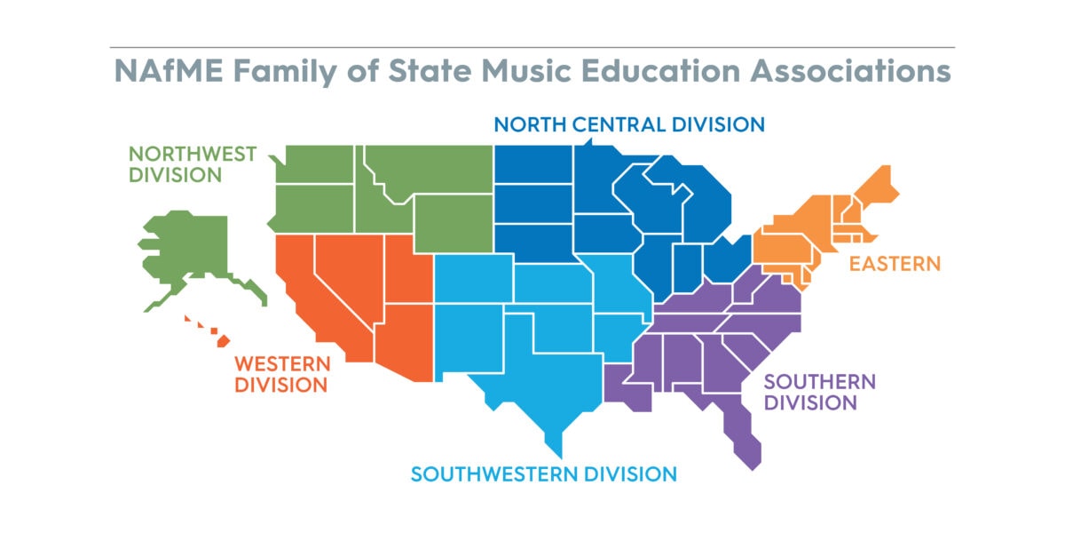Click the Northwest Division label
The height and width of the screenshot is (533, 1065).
193,163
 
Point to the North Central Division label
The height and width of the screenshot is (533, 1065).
629,123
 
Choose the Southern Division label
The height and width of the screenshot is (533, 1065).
819,392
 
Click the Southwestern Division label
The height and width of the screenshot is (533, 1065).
543,473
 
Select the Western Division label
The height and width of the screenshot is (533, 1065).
281,374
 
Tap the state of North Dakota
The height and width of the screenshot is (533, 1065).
532,164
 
